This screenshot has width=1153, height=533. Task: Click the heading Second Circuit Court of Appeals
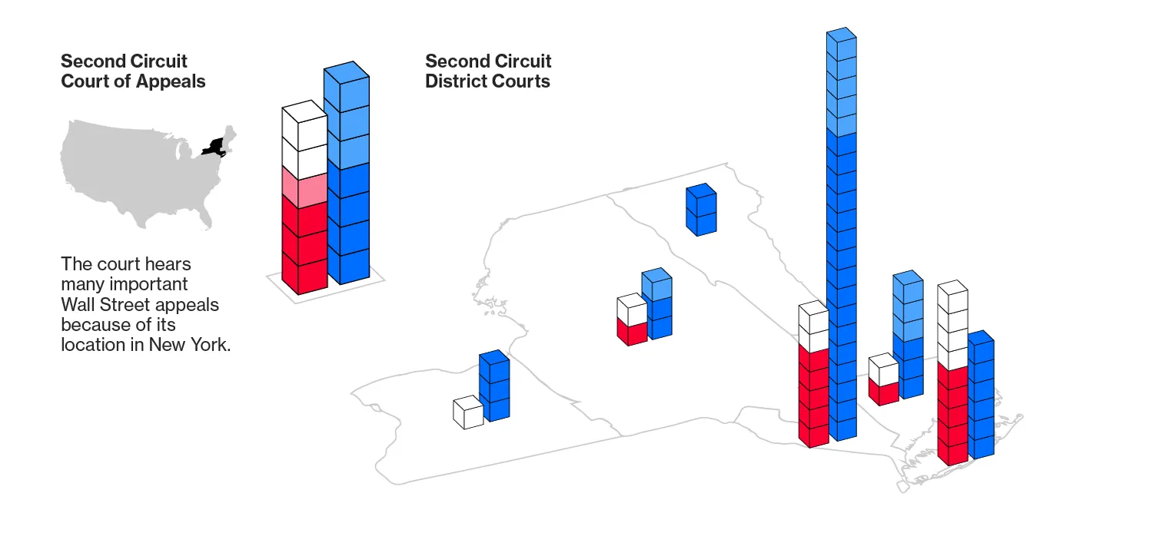coord(133,71)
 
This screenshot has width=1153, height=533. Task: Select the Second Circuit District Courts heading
coord(488,71)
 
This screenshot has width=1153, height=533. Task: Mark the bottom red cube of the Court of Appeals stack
coord(304,274)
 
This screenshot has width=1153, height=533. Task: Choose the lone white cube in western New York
coord(467,412)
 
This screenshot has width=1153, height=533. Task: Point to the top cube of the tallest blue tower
coord(841,44)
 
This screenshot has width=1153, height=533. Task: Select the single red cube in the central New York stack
coord(631,331)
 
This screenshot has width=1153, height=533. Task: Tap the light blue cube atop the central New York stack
coord(656,285)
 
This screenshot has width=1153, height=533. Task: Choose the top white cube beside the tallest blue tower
coord(813,317)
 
